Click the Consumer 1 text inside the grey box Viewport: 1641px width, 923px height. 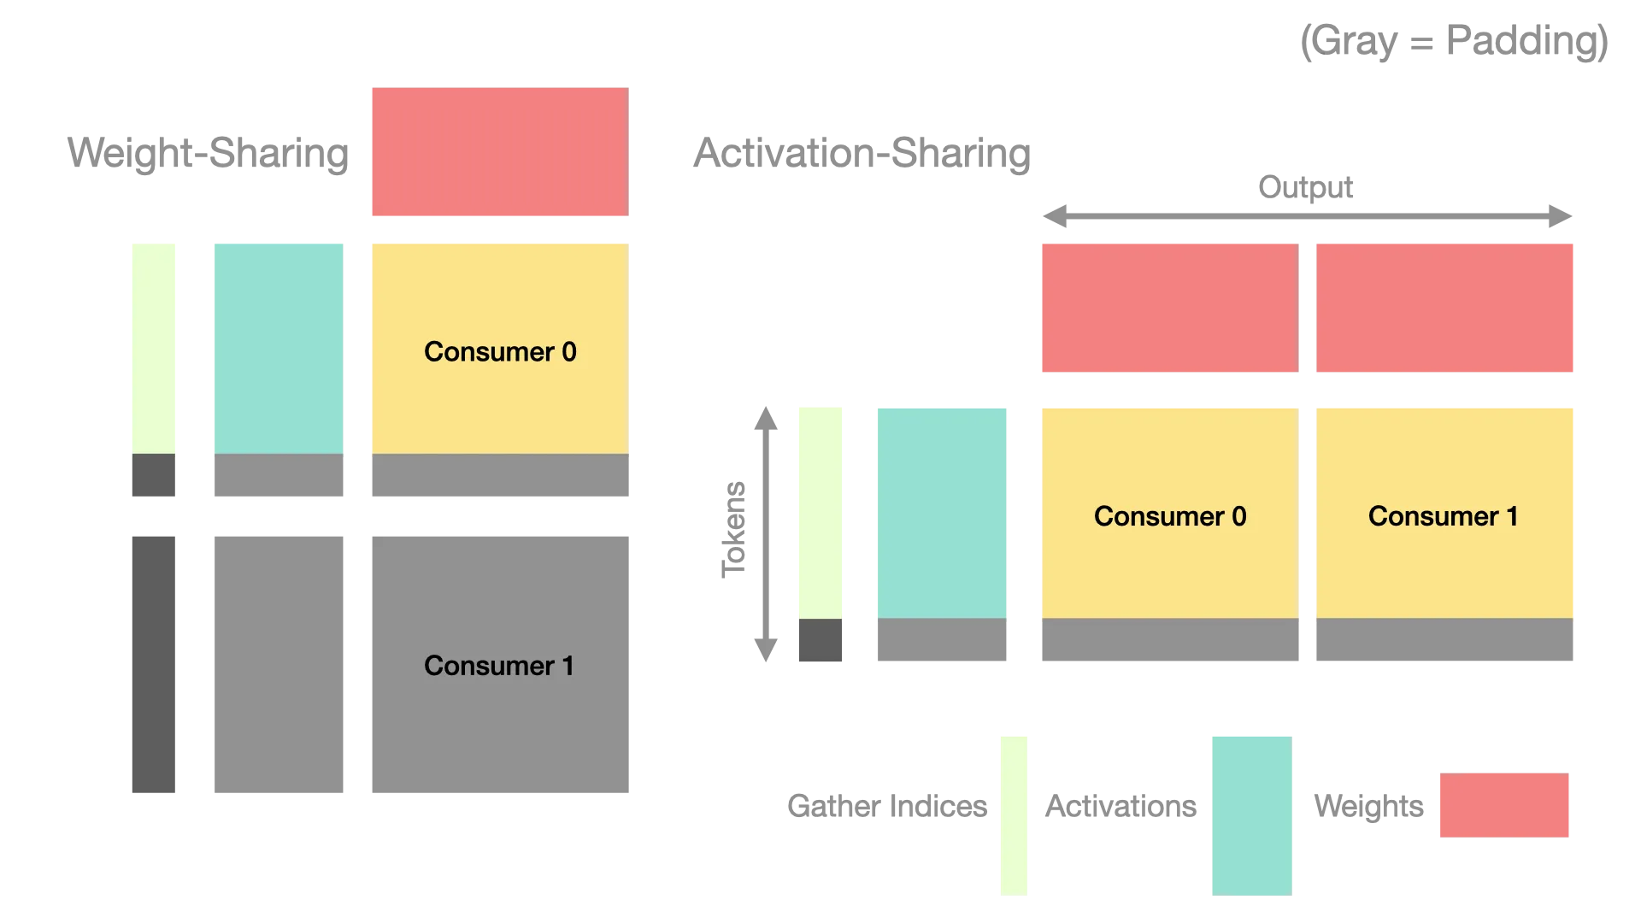tap(498, 666)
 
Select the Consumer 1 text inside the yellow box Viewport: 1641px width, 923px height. tap(1443, 516)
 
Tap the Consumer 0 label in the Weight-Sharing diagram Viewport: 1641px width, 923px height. tap(500, 351)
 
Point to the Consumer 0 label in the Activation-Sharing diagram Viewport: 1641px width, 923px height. tap(1170, 516)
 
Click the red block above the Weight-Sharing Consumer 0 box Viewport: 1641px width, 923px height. tap(498, 150)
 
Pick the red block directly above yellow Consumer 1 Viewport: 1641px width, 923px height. tap(1445, 308)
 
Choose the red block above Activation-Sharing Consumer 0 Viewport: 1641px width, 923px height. tap(1168, 308)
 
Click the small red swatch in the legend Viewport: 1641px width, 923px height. tap(1504, 806)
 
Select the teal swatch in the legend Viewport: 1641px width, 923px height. tap(1250, 813)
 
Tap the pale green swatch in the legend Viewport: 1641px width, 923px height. tap(1015, 813)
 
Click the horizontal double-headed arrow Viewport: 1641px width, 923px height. tap(1306, 216)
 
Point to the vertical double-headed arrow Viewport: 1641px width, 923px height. tap(765, 533)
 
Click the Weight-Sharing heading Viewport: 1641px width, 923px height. tap(206, 155)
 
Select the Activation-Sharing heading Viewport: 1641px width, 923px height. tap(861, 155)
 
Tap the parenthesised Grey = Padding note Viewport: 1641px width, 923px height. tap(1455, 41)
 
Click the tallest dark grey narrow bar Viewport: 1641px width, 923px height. tap(154, 662)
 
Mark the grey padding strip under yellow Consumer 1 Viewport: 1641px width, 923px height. tap(1445, 641)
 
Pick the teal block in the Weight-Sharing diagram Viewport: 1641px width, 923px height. tap(279, 346)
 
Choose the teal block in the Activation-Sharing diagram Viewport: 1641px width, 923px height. tap(943, 511)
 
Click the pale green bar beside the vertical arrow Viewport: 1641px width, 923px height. tap(820, 511)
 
